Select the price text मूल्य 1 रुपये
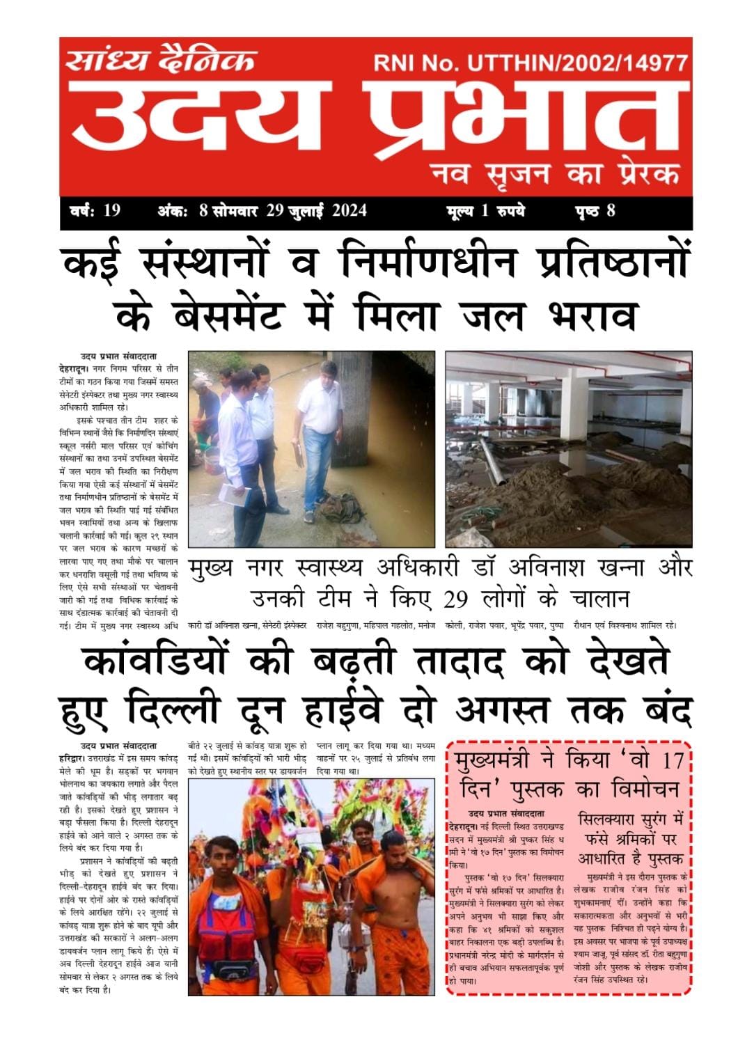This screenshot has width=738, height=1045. point(486,210)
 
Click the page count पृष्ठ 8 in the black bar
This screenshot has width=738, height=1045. point(595,210)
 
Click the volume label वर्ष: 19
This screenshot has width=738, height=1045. point(95,210)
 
